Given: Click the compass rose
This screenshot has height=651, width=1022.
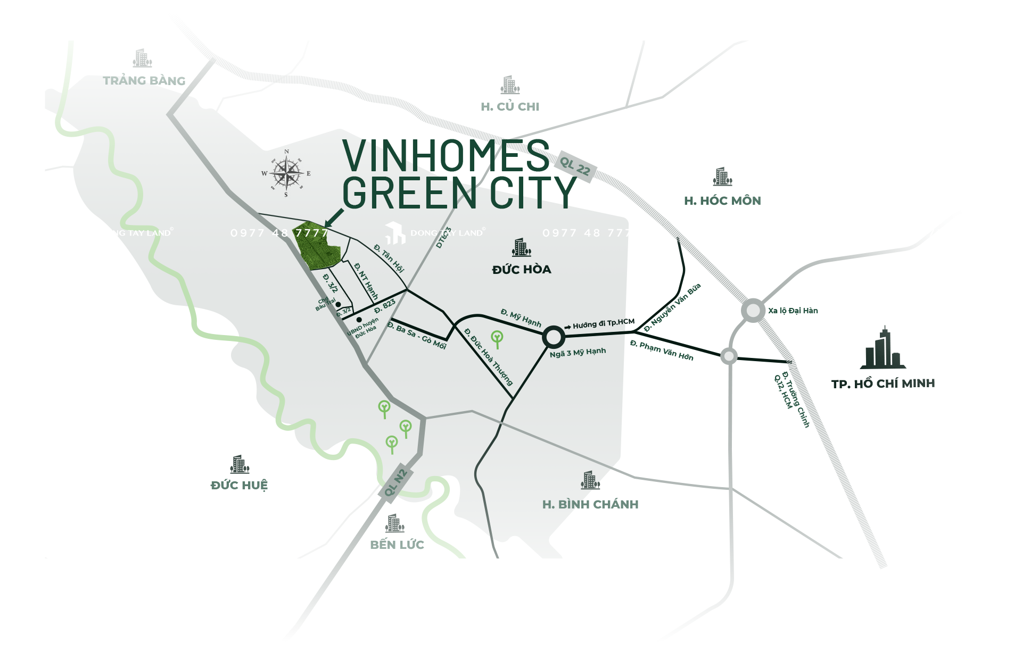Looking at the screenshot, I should coord(286,173).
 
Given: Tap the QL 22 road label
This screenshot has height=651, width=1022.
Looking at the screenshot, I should coord(575,166).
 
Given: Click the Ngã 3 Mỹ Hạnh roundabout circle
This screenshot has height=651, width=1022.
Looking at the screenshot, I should coord(553,337).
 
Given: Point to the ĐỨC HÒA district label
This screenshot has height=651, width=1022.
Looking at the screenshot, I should coord(522,270).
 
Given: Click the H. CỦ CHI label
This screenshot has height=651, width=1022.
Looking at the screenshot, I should coord(510,107).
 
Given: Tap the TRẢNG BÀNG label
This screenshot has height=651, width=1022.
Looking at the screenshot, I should coord(144,81).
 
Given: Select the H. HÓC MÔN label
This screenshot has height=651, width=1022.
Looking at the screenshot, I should coord(722,201).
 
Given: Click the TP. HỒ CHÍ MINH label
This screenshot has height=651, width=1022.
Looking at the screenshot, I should coord(883,383).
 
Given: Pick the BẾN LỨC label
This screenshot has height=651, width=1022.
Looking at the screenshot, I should coord(397,545).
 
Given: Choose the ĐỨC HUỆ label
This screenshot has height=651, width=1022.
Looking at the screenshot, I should coord(239,485).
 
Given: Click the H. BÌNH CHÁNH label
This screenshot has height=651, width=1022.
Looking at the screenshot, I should coord(590,504).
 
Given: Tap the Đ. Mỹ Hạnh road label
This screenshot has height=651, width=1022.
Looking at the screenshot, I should coord(521,318).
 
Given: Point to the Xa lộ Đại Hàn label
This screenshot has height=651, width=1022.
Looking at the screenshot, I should coord(793,311).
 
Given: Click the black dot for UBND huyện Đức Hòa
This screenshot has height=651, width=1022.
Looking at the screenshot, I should coord(359,320).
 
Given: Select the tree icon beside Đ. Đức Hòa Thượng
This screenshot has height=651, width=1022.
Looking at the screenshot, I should coord(497,338).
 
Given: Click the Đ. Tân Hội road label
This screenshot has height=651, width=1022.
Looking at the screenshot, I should coord(389,258).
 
